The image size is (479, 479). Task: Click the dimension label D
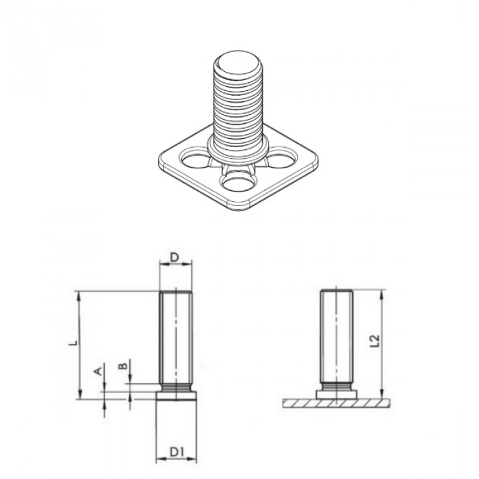coord(175,257)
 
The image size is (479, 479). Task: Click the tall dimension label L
coord(75,340)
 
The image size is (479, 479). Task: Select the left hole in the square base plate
coord(196,161)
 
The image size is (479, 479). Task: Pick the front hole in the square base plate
coord(237,183)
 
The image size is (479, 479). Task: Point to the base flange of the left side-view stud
coord(177,395)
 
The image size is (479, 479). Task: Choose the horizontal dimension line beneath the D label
coord(176,266)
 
